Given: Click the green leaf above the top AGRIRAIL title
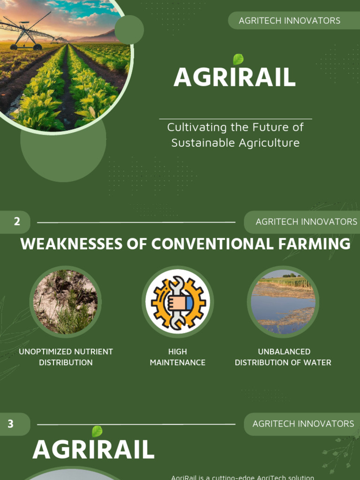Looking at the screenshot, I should point(238,60).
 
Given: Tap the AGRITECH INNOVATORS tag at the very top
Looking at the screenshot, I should point(289,21).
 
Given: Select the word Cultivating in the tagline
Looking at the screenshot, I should point(196,127).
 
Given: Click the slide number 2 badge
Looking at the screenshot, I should point(16,222).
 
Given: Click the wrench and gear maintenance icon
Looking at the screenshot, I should point(178,302).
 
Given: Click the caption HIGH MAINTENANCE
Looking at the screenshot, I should point(178,357).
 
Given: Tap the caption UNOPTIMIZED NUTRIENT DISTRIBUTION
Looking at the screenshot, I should point(66,357).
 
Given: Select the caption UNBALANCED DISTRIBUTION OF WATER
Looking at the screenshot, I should point(283,357).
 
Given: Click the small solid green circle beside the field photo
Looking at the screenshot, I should point(129,30).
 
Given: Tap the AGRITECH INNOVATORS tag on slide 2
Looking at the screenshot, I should point(306,222).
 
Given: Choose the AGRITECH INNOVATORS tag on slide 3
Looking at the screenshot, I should point(303,424).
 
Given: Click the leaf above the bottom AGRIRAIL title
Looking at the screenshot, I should point(97,431).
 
